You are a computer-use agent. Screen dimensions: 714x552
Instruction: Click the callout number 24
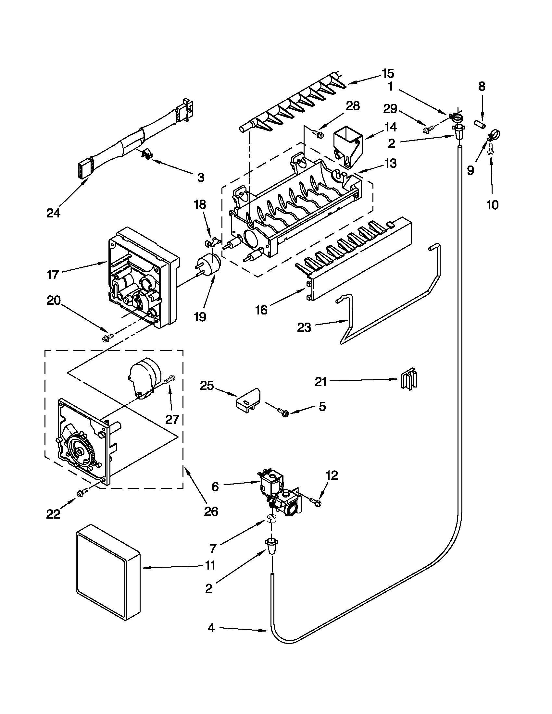(x=53, y=214)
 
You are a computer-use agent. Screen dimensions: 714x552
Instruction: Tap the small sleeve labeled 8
(x=480, y=124)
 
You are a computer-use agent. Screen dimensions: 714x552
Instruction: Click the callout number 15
(x=387, y=74)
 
